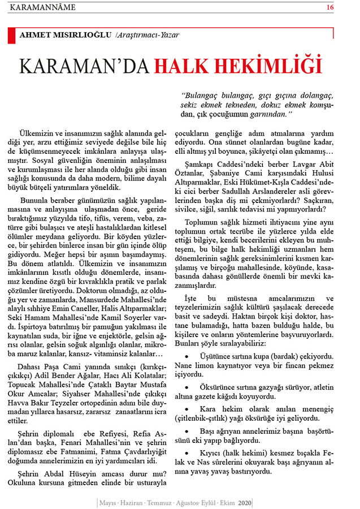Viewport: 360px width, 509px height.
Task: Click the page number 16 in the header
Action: [x=346, y=7]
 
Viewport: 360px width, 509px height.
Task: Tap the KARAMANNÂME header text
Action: [x=40, y=7]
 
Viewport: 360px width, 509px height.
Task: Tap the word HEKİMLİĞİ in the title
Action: [x=274, y=66]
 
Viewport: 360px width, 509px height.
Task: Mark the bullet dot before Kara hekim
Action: [x=187, y=408]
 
